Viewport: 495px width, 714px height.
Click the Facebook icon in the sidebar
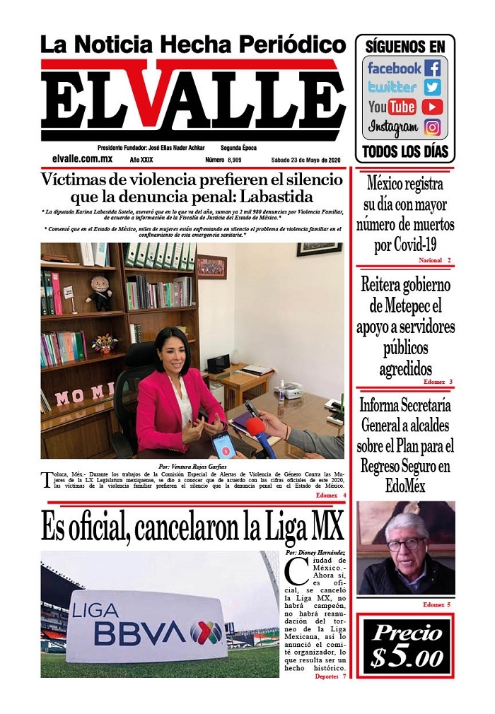click(x=433, y=69)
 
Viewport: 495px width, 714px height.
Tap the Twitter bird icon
click(x=433, y=88)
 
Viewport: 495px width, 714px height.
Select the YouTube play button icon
click(x=432, y=107)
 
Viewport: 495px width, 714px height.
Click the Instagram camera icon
click(x=433, y=128)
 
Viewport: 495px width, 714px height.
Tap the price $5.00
click(x=406, y=647)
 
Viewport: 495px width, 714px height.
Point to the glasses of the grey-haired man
click(x=406, y=544)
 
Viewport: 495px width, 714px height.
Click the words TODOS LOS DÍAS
click(x=404, y=151)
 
